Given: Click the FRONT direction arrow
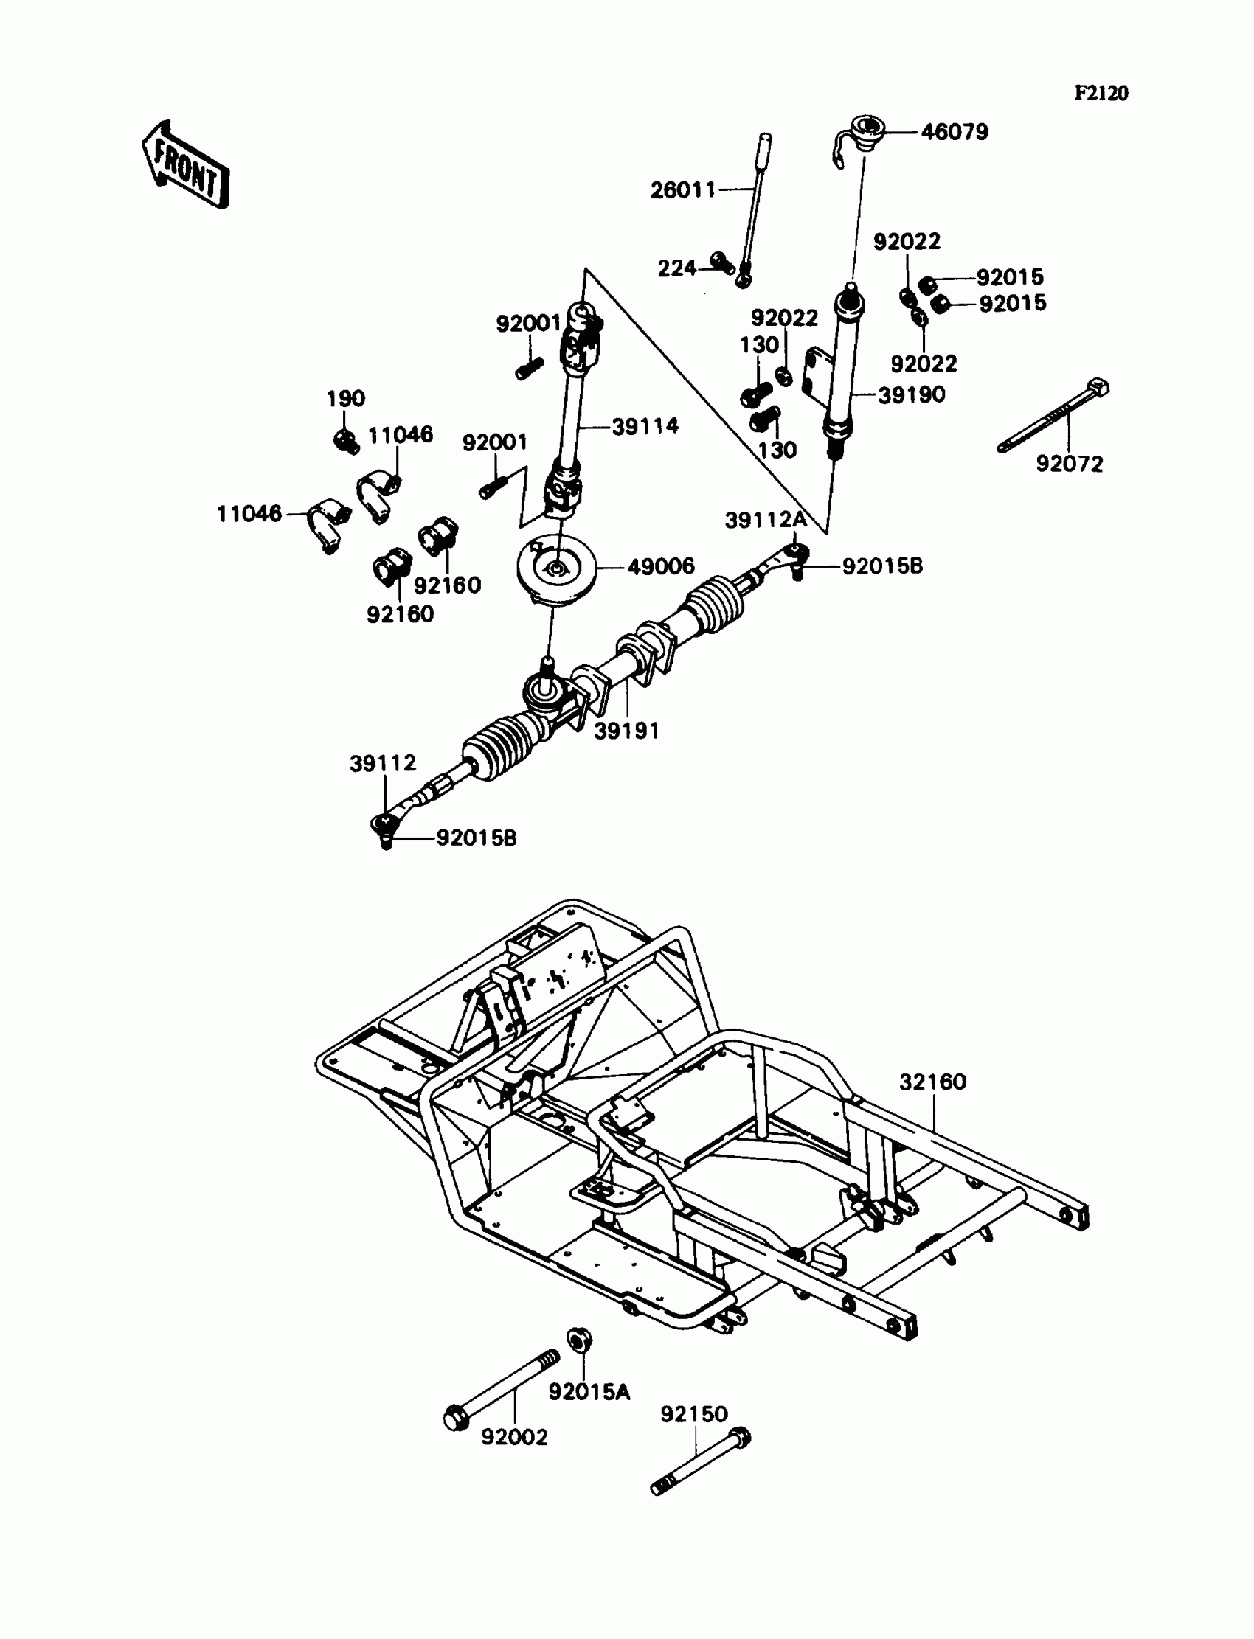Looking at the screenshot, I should coord(185,165).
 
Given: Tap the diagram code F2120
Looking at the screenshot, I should coord(1101,93).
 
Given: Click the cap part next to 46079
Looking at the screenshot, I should coord(866,131).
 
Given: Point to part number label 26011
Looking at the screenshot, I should coord(682,190).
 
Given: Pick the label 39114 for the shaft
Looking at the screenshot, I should coord(645,426).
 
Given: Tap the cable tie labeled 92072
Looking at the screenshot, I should coord(1053,418).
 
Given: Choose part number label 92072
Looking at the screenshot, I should coord(1069,464).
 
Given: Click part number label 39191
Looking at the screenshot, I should coord(626,731).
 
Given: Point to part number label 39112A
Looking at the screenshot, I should coord(765,521).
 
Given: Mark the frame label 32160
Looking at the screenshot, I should coord(932,1082).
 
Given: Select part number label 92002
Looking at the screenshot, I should coord(514,1436).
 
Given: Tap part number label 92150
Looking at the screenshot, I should coord(693,1413).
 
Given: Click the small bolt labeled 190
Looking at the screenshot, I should coord(345,440).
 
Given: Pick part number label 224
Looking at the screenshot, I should coord(676,268).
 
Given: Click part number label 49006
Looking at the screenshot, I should coord(661,567).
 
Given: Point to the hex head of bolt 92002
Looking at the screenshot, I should coord(454,1417).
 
